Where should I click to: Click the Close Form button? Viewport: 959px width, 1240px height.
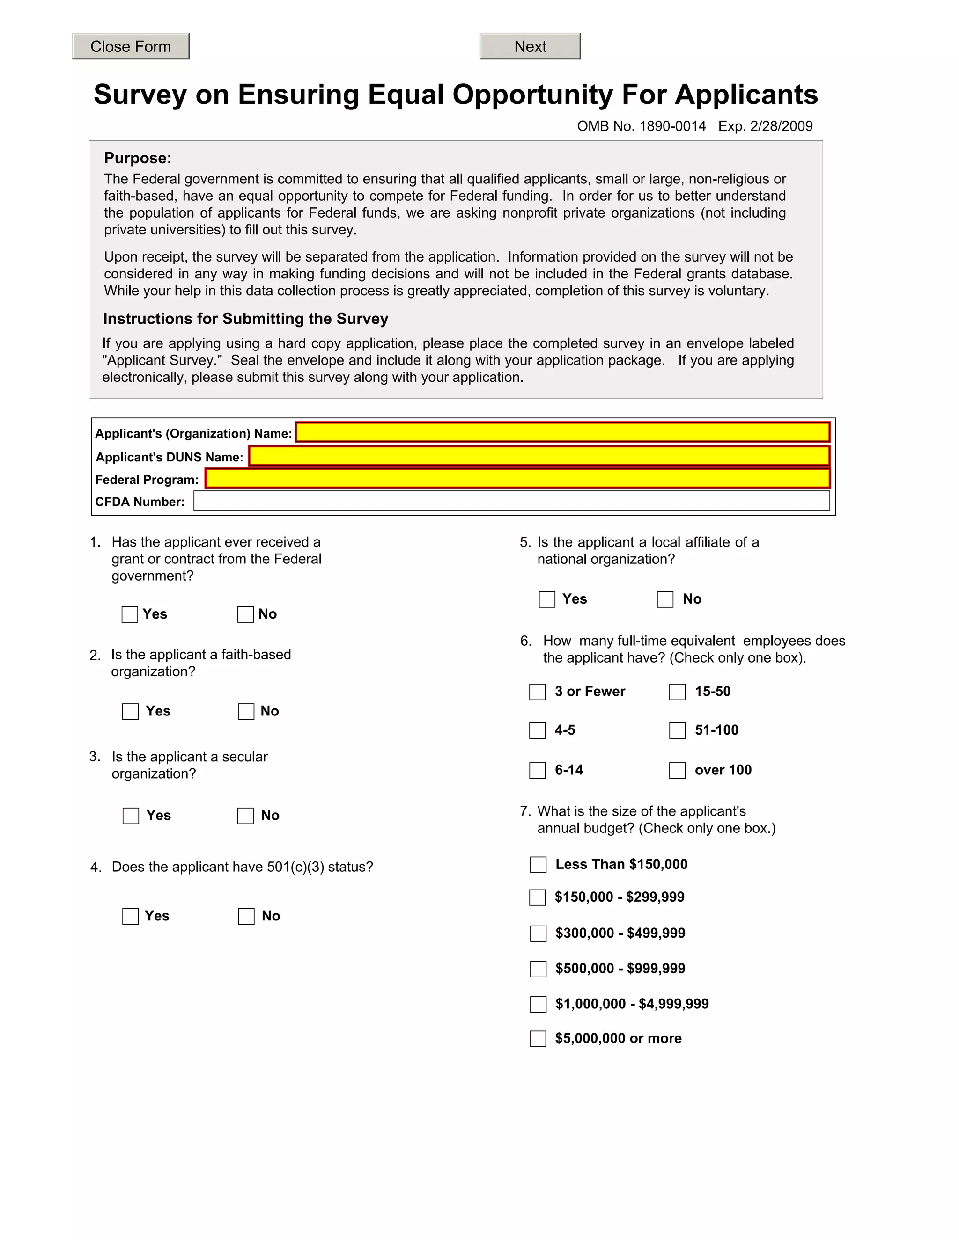point(131,46)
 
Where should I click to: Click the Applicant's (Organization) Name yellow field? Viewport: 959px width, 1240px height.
point(562,432)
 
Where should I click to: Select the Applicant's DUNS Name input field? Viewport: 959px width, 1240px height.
point(539,456)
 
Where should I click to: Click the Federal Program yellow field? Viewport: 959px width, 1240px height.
point(517,479)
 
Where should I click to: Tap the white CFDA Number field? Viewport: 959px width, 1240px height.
point(511,501)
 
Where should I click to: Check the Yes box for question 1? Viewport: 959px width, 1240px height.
point(130,614)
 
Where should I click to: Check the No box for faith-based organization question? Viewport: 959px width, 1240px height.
point(246,711)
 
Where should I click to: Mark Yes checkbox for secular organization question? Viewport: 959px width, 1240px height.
point(131,816)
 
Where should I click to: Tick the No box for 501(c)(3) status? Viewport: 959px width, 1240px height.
point(246,916)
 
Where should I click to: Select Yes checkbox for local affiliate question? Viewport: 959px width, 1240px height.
point(546,599)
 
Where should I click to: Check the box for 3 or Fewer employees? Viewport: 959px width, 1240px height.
point(538,692)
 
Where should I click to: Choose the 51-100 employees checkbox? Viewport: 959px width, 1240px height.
point(677,731)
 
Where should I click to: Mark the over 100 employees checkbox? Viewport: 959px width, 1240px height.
point(677,771)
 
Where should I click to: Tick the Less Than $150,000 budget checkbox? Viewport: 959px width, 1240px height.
point(538,865)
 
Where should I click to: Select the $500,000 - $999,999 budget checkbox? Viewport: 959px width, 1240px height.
point(538,969)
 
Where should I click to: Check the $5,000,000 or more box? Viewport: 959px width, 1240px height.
point(538,1038)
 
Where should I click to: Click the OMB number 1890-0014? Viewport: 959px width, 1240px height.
point(642,126)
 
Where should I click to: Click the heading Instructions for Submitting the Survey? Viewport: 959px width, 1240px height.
point(245,319)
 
